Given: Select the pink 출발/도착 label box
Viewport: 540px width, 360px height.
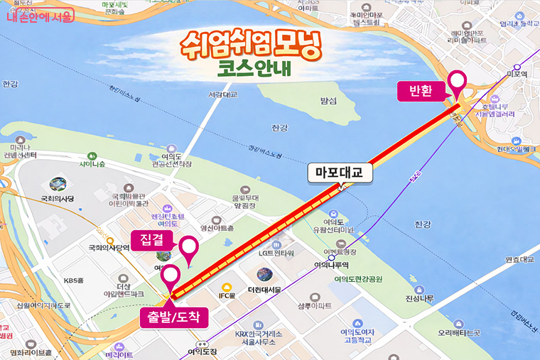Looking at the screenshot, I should (174, 316).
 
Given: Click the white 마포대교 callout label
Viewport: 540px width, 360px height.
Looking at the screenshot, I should (340, 172).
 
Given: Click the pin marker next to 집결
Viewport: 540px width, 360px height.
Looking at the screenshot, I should (189, 249).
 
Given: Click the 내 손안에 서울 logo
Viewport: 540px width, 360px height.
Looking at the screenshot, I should (40, 14).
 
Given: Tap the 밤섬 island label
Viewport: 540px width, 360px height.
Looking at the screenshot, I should (328, 101).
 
